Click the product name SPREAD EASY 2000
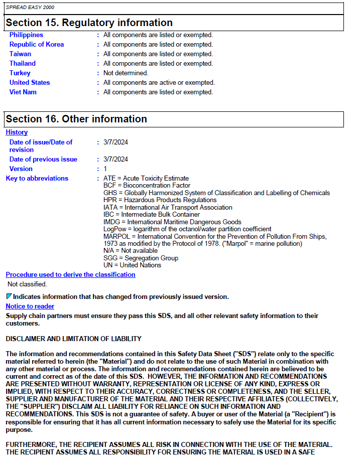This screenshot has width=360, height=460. pyautogui.click(x=30, y=8)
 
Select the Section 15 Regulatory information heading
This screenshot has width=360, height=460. pyautogui.click(x=89, y=23)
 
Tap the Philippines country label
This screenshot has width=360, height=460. pyautogui.click(x=26, y=35)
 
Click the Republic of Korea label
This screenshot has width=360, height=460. pyautogui.click(x=37, y=45)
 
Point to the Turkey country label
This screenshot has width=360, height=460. pyautogui.click(x=20, y=73)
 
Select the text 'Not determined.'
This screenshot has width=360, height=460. pyautogui.click(x=126, y=73)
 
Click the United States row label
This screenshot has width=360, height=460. pyautogui.click(x=30, y=83)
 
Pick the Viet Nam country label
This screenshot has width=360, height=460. pyautogui.click(x=23, y=92)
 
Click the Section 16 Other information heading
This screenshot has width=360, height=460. pyautogui.click(x=76, y=119)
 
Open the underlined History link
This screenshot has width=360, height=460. pyautogui.click(x=17, y=132)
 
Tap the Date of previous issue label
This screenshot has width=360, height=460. pyautogui.click(x=43, y=160)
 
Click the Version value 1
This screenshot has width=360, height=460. pyautogui.click(x=105, y=169)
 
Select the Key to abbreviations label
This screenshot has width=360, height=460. pyautogui.click(x=37, y=179)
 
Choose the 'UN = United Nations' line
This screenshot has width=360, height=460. pyautogui.click(x=132, y=265)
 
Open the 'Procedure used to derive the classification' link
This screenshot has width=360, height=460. pyautogui.click(x=70, y=275)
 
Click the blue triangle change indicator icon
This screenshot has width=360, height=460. pyautogui.click(x=9, y=297)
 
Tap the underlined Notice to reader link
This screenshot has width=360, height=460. pyautogui.click(x=30, y=306)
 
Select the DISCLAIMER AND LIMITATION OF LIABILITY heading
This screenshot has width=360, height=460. pyautogui.click(x=73, y=339)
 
